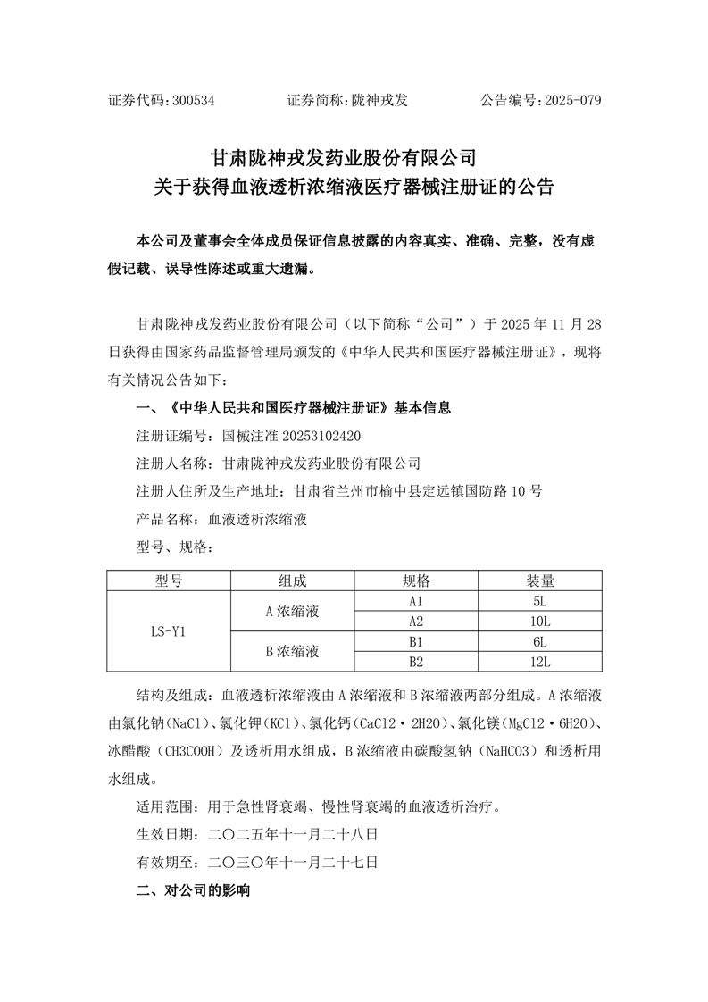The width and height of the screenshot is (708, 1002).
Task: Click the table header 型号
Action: (x=169, y=580)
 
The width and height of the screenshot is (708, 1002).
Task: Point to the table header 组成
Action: (x=292, y=580)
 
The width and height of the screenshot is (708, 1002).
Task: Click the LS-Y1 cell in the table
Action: (x=169, y=631)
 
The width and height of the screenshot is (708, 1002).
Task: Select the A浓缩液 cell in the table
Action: (x=292, y=612)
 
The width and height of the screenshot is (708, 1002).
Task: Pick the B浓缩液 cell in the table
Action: (x=292, y=651)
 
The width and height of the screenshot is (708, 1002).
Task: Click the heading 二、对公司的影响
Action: (x=193, y=891)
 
